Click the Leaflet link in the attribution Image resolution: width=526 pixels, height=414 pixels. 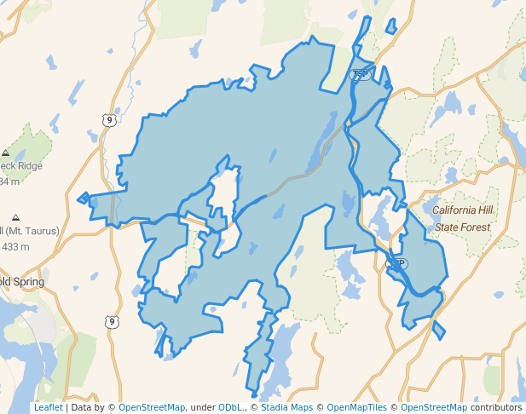pyautogui.click(x=48, y=407)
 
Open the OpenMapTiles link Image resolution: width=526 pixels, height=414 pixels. pyautogui.click(x=353, y=407)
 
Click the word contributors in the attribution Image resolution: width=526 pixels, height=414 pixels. pyautogui.click(x=496, y=407)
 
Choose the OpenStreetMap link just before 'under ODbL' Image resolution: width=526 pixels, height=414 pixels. pyautogui.click(x=152, y=407)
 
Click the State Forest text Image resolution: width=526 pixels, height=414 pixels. pyautogui.click(x=463, y=227)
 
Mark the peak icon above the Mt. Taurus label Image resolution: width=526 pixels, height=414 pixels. pyautogui.click(x=16, y=218)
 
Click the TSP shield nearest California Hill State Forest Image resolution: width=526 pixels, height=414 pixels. pyautogui.click(x=397, y=264)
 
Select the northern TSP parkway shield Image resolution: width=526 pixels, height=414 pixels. pyautogui.click(x=361, y=75)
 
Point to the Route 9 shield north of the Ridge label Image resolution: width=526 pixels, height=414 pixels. pyautogui.click(x=108, y=120)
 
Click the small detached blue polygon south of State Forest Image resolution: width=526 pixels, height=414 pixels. pyautogui.click(x=439, y=330)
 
